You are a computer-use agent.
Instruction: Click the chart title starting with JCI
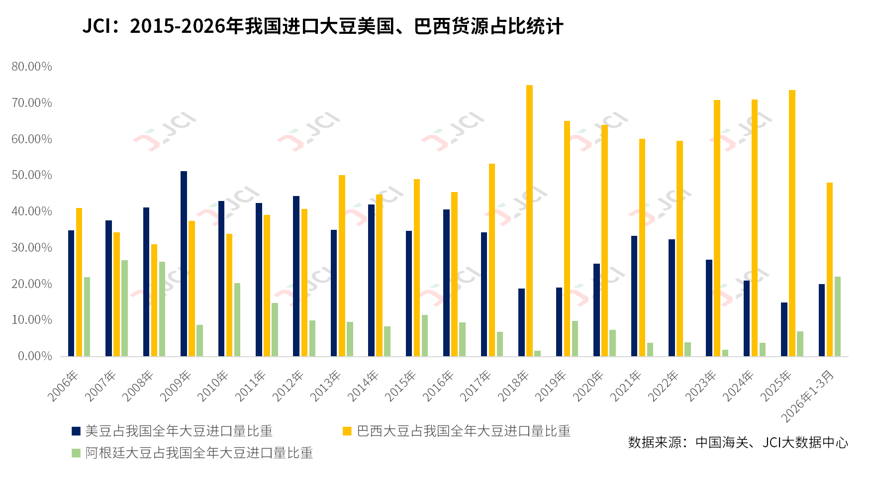click(323, 26)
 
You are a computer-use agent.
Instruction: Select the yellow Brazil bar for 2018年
click(529, 220)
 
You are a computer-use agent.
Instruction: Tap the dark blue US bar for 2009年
click(184, 264)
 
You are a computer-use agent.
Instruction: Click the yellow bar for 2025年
click(792, 223)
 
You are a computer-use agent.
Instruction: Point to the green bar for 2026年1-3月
click(838, 316)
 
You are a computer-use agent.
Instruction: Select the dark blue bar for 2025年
click(784, 329)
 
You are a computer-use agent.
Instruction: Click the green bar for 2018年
click(537, 353)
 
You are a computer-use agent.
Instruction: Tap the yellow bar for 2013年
click(342, 266)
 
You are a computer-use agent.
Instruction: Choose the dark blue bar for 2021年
click(634, 296)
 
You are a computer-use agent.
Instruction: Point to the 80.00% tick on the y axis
click(32, 67)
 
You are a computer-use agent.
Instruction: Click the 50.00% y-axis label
click(32, 175)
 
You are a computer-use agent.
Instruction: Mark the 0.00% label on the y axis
click(35, 356)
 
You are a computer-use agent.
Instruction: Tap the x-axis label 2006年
click(63, 386)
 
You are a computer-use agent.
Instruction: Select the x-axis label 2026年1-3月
click(807, 396)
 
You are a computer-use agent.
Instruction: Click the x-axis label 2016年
click(438, 386)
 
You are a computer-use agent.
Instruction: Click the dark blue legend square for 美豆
click(76, 431)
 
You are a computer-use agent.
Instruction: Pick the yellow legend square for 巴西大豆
click(347, 431)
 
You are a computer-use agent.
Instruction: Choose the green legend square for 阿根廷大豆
click(76, 453)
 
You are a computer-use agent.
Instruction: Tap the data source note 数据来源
click(738, 442)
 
